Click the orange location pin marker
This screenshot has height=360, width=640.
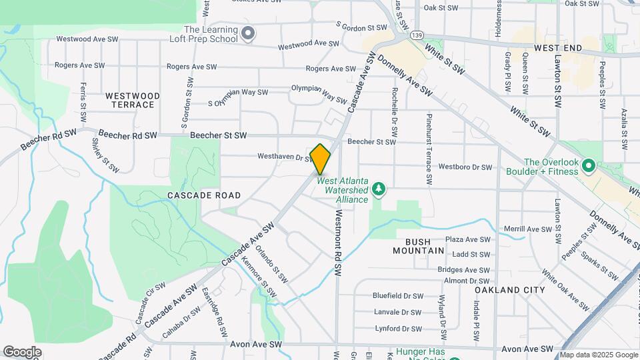pos(321,159)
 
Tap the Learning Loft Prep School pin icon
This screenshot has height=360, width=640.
pos(248,33)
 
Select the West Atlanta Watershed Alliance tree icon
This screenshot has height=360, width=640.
pos(379,189)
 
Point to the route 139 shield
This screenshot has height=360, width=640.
pos(417,34)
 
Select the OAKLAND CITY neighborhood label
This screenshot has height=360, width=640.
pos(509,290)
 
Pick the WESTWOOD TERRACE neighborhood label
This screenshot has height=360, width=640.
pos(133,101)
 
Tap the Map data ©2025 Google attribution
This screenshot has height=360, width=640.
pos(598,355)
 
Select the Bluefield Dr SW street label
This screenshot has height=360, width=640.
pos(398,295)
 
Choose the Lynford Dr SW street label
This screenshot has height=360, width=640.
pos(398,329)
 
